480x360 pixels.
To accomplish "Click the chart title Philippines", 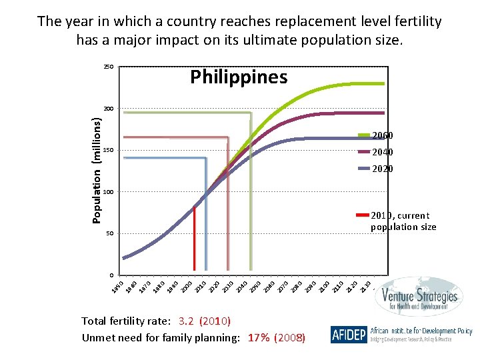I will coord(239,77).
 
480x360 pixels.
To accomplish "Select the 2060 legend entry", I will coord(382,135).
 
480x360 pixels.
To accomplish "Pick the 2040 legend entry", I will coord(382,152).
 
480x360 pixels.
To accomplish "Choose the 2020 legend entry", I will coord(382,169).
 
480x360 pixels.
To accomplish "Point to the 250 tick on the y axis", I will coord(108,67).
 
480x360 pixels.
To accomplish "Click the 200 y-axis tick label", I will coord(108,109).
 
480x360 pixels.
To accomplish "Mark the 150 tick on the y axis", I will coord(108,151).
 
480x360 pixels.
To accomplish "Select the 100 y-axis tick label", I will coord(108,192).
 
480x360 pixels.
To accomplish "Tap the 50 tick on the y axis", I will coord(109,234).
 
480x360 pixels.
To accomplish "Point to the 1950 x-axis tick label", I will coord(118,286).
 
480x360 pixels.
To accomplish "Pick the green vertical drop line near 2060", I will coord(251,200).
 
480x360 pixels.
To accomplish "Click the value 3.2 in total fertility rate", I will coord(183,321).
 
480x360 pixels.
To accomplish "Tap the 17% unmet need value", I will coord(259,337).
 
